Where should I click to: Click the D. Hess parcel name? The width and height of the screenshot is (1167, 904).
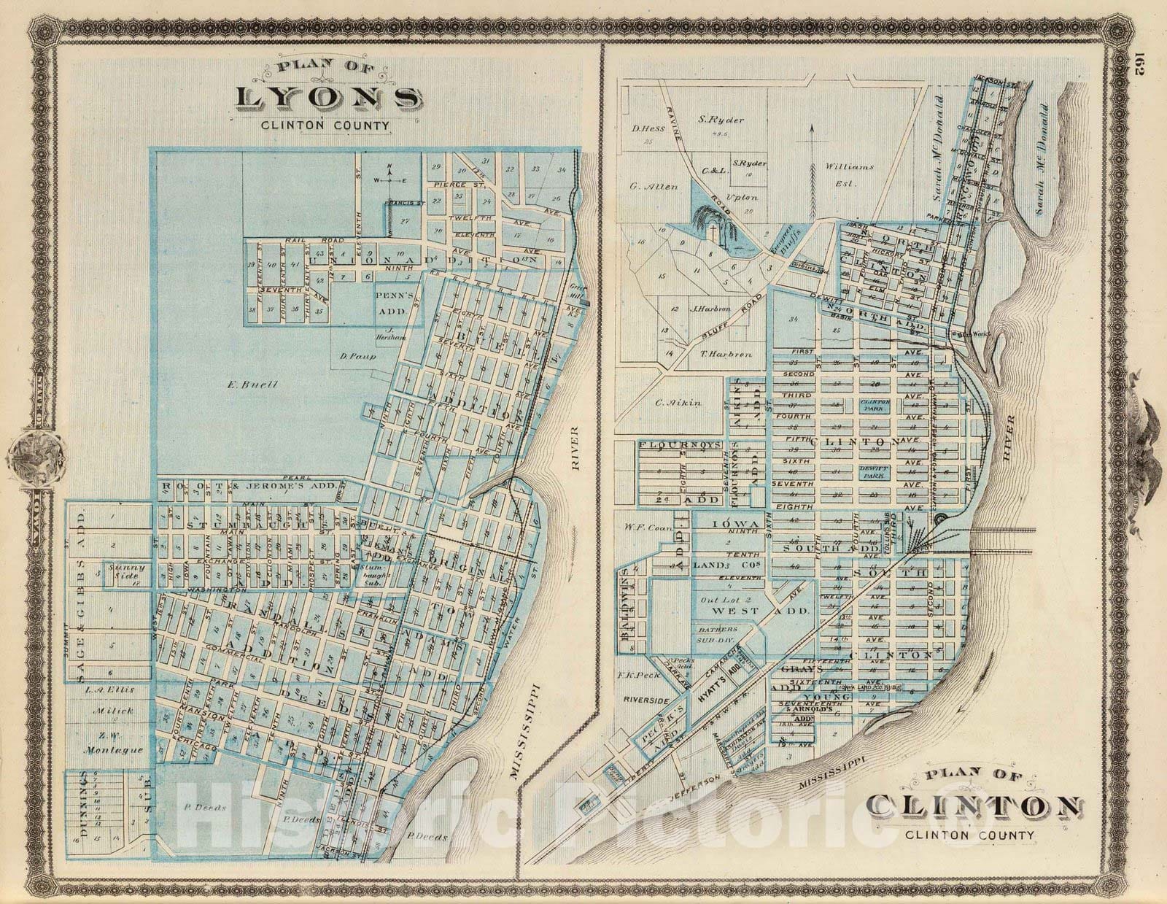tap(645, 129)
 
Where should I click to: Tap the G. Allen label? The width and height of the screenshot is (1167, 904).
tap(654, 187)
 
